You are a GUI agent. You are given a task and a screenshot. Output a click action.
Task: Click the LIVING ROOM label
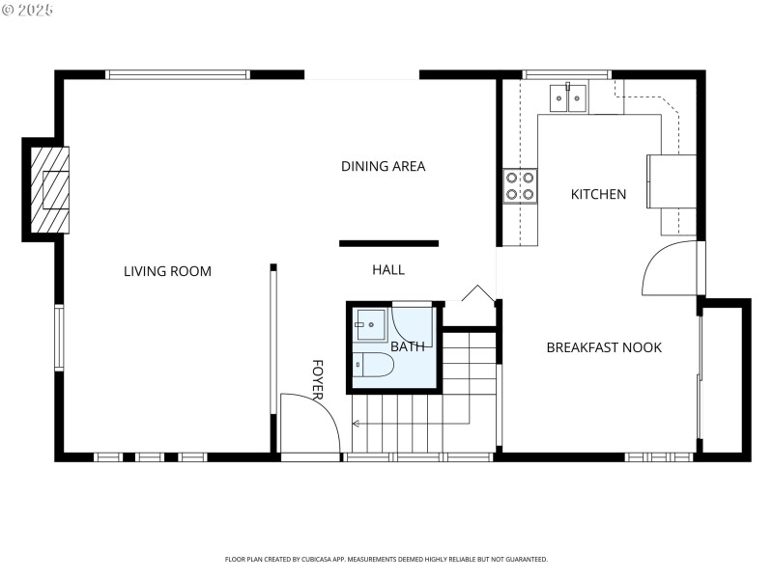point(167,271)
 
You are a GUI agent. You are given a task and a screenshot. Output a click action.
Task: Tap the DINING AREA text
point(383,166)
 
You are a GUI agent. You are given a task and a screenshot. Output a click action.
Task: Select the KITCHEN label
point(598,194)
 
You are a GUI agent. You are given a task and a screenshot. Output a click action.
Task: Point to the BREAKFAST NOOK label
point(604,347)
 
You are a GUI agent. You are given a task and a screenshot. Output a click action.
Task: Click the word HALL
point(388,270)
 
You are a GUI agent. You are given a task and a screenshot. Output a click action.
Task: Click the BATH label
point(407,346)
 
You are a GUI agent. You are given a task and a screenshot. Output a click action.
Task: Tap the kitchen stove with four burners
point(520,186)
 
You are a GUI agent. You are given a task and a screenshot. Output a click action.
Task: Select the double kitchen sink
point(567,97)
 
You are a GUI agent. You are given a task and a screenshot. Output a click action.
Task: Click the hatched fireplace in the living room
point(49,189)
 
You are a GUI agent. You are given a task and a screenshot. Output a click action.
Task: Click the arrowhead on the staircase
point(356,423)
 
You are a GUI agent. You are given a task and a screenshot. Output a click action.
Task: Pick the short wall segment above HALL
point(388,243)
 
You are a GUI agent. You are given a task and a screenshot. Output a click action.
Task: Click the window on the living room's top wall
point(178,74)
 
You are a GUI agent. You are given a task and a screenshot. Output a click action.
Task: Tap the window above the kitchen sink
point(566,74)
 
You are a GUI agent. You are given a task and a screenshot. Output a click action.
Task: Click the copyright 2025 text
point(28,10)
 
